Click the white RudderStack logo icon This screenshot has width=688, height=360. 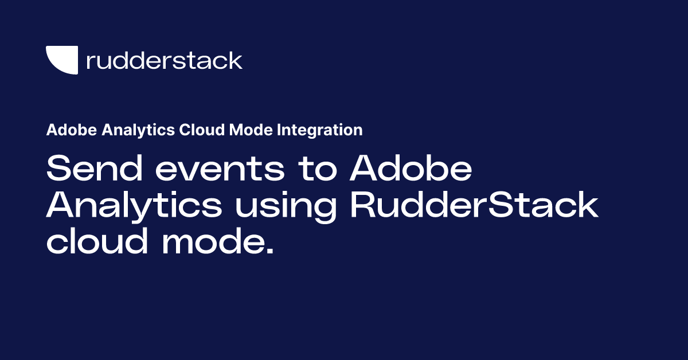[x=61, y=60]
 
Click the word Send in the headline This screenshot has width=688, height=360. [x=92, y=170]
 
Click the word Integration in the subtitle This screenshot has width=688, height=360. [x=319, y=131]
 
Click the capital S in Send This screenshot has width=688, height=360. [x=58, y=170]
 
